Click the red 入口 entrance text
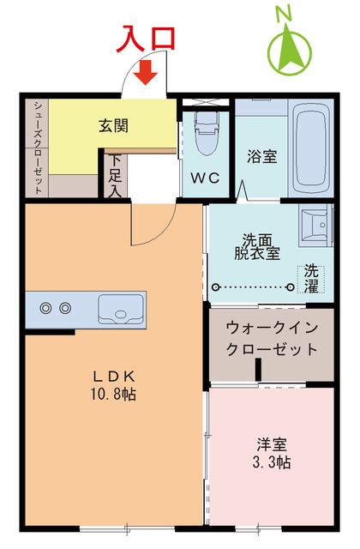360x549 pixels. (x=147, y=39)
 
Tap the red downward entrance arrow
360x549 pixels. (x=146, y=74)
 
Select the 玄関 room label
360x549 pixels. (x=113, y=125)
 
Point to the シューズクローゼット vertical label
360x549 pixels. (x=39, y=146)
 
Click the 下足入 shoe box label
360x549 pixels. (x=115, y=177)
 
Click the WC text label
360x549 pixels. (x=206, y=179)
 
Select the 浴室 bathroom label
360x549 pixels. (x=261, y=156)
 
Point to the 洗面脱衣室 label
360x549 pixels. (x=259, y=246)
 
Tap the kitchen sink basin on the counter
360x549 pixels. (x=120, y=307)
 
